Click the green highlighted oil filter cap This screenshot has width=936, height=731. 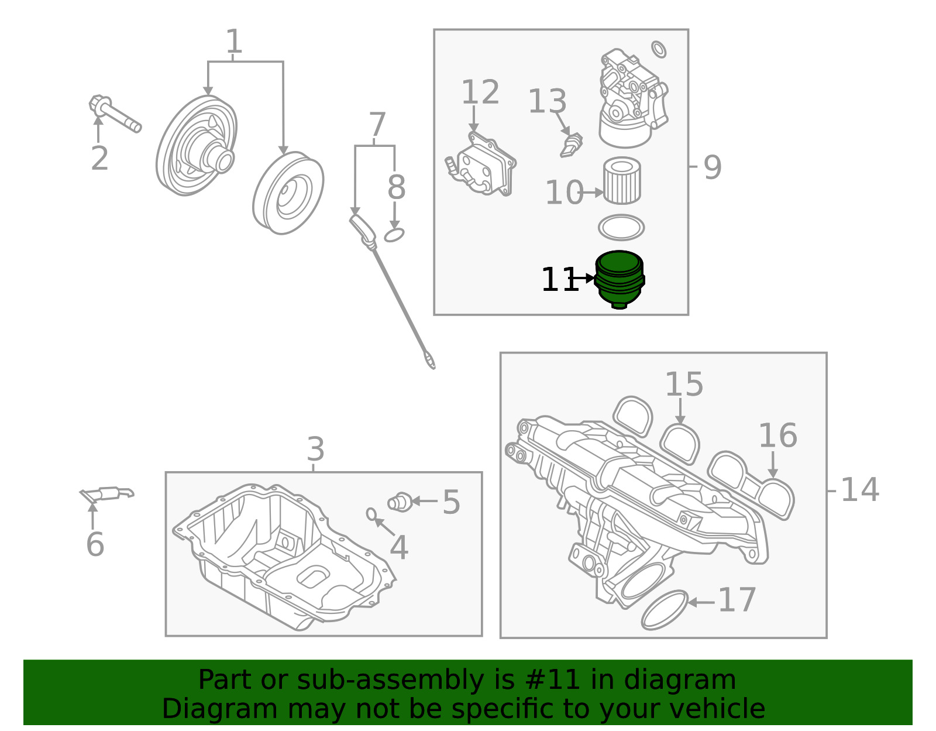click(x=620, y=279)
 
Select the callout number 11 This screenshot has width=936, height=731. click(x=559, y=280)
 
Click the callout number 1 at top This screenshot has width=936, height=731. click(x=234, y=42)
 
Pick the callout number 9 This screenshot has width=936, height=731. click(x=712, y=168)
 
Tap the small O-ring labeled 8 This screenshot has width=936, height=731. click(x=394, y=235)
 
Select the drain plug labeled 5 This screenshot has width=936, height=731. click(x=400, y=502)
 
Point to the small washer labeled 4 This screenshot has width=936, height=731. click(x=371, y=514)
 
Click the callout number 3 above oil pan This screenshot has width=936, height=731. click(x=315, y=450)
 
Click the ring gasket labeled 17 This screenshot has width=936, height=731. click(x=664, y=610)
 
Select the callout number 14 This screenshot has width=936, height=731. click(x=859, y=490)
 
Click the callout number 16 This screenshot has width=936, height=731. click(x=777, y=436)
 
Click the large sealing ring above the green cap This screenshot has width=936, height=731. click(x=621, y=228)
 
